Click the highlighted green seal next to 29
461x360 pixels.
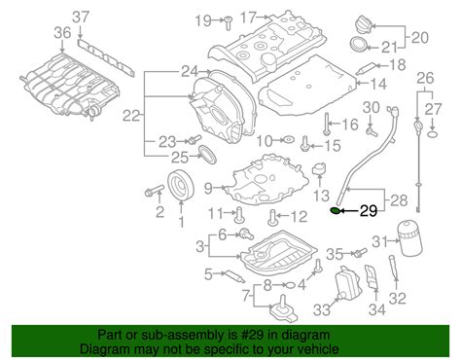click(x=336, y=211)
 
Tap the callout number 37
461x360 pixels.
click(x=81, y=17)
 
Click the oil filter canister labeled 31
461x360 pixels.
click(x=409, y=237)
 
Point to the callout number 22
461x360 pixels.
click(x=131, y=115)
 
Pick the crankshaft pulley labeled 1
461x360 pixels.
click(x=181, y=186)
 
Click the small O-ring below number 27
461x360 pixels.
click(x=433, y=134)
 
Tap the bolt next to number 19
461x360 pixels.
click(x=229, y=22)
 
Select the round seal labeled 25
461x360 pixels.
click(x=207, y=156)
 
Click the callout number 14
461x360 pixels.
click(x=378, y=84)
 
